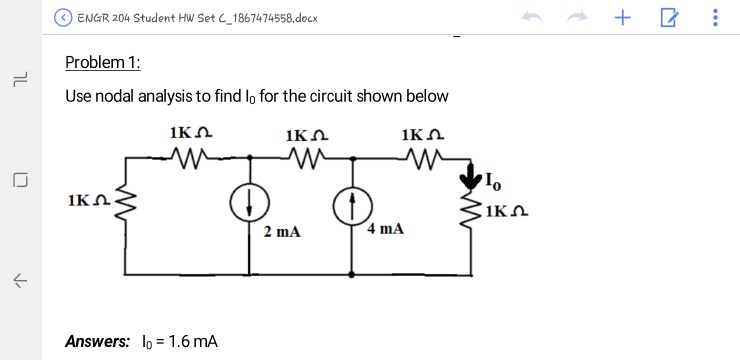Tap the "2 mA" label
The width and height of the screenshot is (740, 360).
[281, 232]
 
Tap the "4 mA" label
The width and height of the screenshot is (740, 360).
[386, 229]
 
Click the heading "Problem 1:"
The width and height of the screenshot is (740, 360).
[103, 62]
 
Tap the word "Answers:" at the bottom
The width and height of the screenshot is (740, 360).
[97, 341]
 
